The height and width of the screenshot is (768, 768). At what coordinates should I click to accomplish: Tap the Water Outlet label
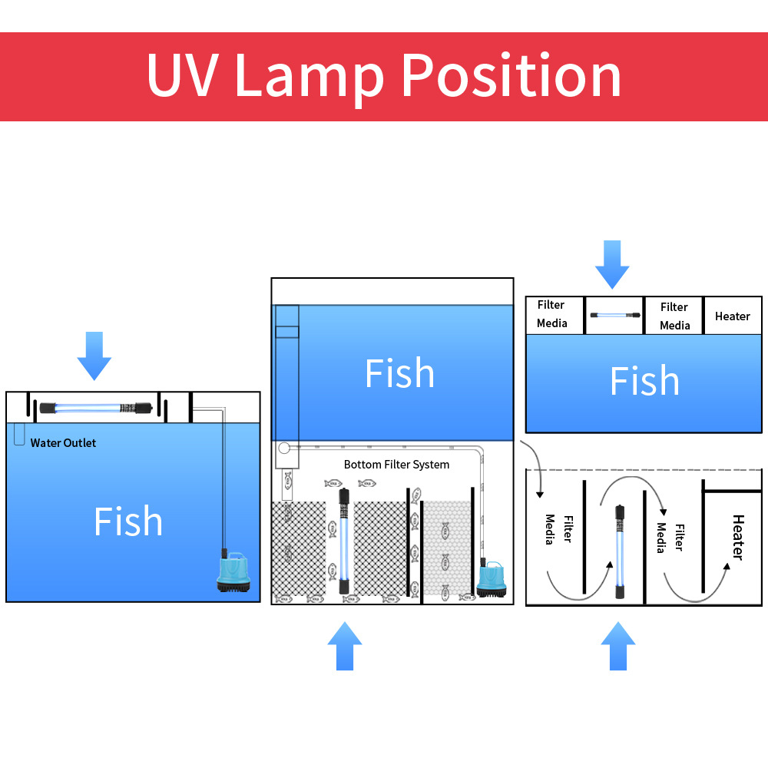tap(63, 443)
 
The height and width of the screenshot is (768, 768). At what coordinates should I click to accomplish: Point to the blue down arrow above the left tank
tap(94, 356)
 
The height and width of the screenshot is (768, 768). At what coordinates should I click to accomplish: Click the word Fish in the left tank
tap(128, 521)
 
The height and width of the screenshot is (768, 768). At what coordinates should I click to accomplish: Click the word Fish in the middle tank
tap(399, 373)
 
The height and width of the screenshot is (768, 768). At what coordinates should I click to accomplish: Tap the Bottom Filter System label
tap(396, 465)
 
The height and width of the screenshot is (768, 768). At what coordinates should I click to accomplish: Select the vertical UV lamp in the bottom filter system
tap(344, 542)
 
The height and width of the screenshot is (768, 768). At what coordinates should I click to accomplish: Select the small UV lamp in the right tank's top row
tap(614, 315)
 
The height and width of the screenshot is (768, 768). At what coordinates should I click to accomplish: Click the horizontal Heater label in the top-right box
tap(732, 316)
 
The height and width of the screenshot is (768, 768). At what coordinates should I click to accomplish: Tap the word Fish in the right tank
tap(644, 381)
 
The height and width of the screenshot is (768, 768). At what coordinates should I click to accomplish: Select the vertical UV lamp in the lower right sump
tap(619, 551)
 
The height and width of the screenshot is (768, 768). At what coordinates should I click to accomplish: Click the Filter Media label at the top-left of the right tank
tap(551, 314)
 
